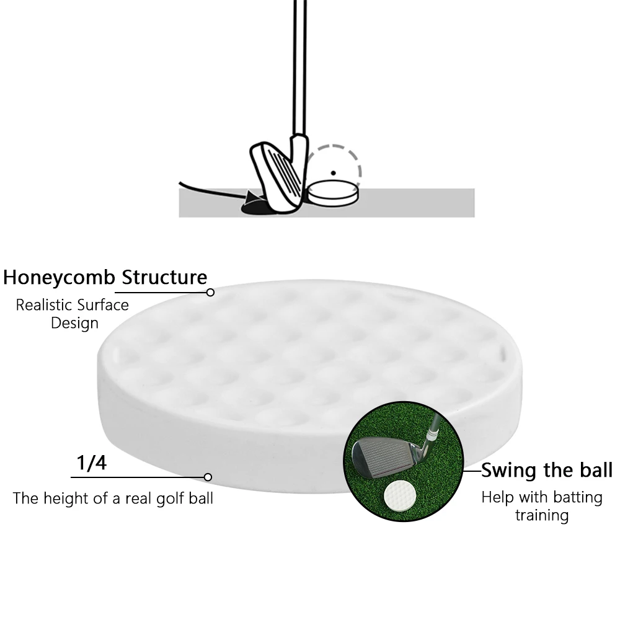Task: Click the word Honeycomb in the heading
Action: [x=60, y=278]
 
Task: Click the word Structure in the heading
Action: [x=164, y=277]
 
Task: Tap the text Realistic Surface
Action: [x=73, y=305]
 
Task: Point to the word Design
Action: [x=75, y=324]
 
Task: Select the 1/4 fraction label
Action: [x=91, y=463]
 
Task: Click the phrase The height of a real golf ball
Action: [x=113, y=498]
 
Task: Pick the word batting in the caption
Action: [x=578, y=497]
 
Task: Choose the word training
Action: [x=542, y=516]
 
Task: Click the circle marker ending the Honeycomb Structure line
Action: [x=210, y=292]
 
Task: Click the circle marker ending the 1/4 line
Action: [x=208, y=477]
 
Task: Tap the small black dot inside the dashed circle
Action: [x=334, y=173]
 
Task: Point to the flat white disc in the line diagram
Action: [x=334, y=193]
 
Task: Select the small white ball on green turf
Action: [x=400, y=495]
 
